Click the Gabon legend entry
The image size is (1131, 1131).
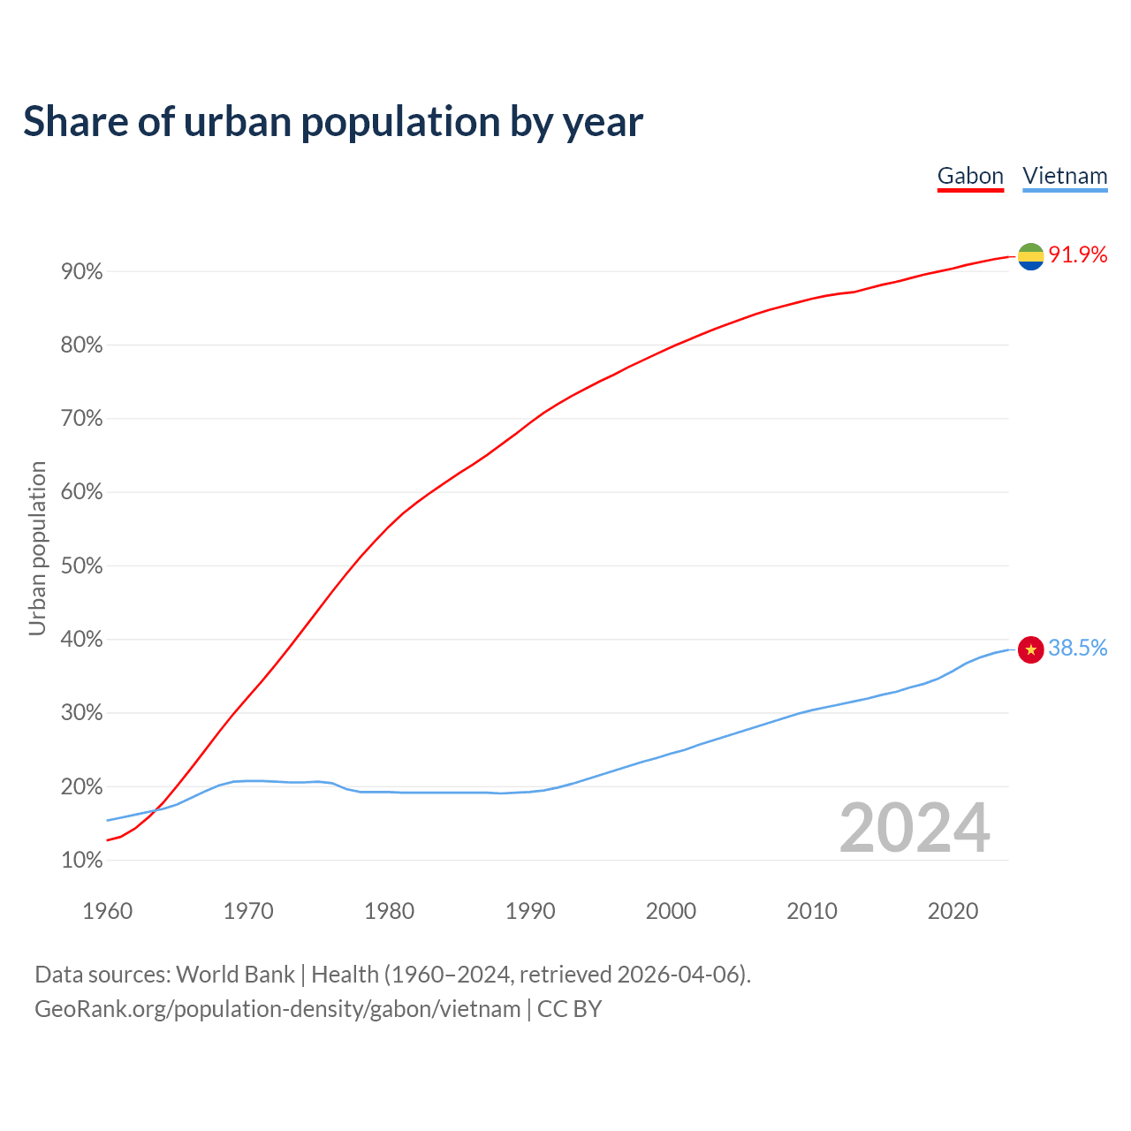coord(970,176)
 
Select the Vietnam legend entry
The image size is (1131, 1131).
coord(1065,176)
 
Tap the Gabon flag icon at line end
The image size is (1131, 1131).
coord(1030,256)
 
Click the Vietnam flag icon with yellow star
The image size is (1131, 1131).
coord(1030,649)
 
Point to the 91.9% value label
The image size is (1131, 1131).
coord(1078,255)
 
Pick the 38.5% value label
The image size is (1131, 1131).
coord(1078,649)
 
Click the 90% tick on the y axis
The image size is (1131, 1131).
coord(82,272)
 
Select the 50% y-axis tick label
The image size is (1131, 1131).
coord(82,566)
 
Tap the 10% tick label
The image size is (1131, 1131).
coord(82,861)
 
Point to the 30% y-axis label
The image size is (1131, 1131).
coord(82,713)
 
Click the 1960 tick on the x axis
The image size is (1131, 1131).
coord(107,911)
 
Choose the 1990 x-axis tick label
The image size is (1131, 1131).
coord(530,911)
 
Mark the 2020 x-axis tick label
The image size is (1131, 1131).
coord(953,911)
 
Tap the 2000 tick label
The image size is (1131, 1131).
coord(671,911)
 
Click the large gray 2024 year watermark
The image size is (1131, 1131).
coord(915,828)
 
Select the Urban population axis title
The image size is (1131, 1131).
coord(37,548)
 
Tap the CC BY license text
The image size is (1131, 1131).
coord(570,1009)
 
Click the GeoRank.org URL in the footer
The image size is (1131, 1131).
coord(277,1009)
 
